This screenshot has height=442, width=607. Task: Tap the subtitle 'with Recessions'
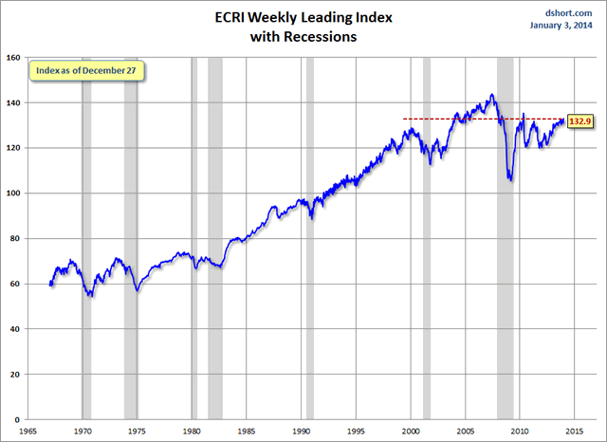(x=303, y=38)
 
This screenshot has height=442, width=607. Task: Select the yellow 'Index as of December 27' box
(x=85, y=72)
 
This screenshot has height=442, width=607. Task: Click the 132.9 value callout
(x=580, y=120)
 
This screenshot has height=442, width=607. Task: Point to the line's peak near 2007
(x=490, y=95)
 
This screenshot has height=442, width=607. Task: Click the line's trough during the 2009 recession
(x=510, y=180)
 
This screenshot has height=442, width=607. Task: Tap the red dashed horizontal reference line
(x=446, y=119)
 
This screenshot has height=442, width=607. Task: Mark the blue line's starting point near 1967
(x=50, y=284)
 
